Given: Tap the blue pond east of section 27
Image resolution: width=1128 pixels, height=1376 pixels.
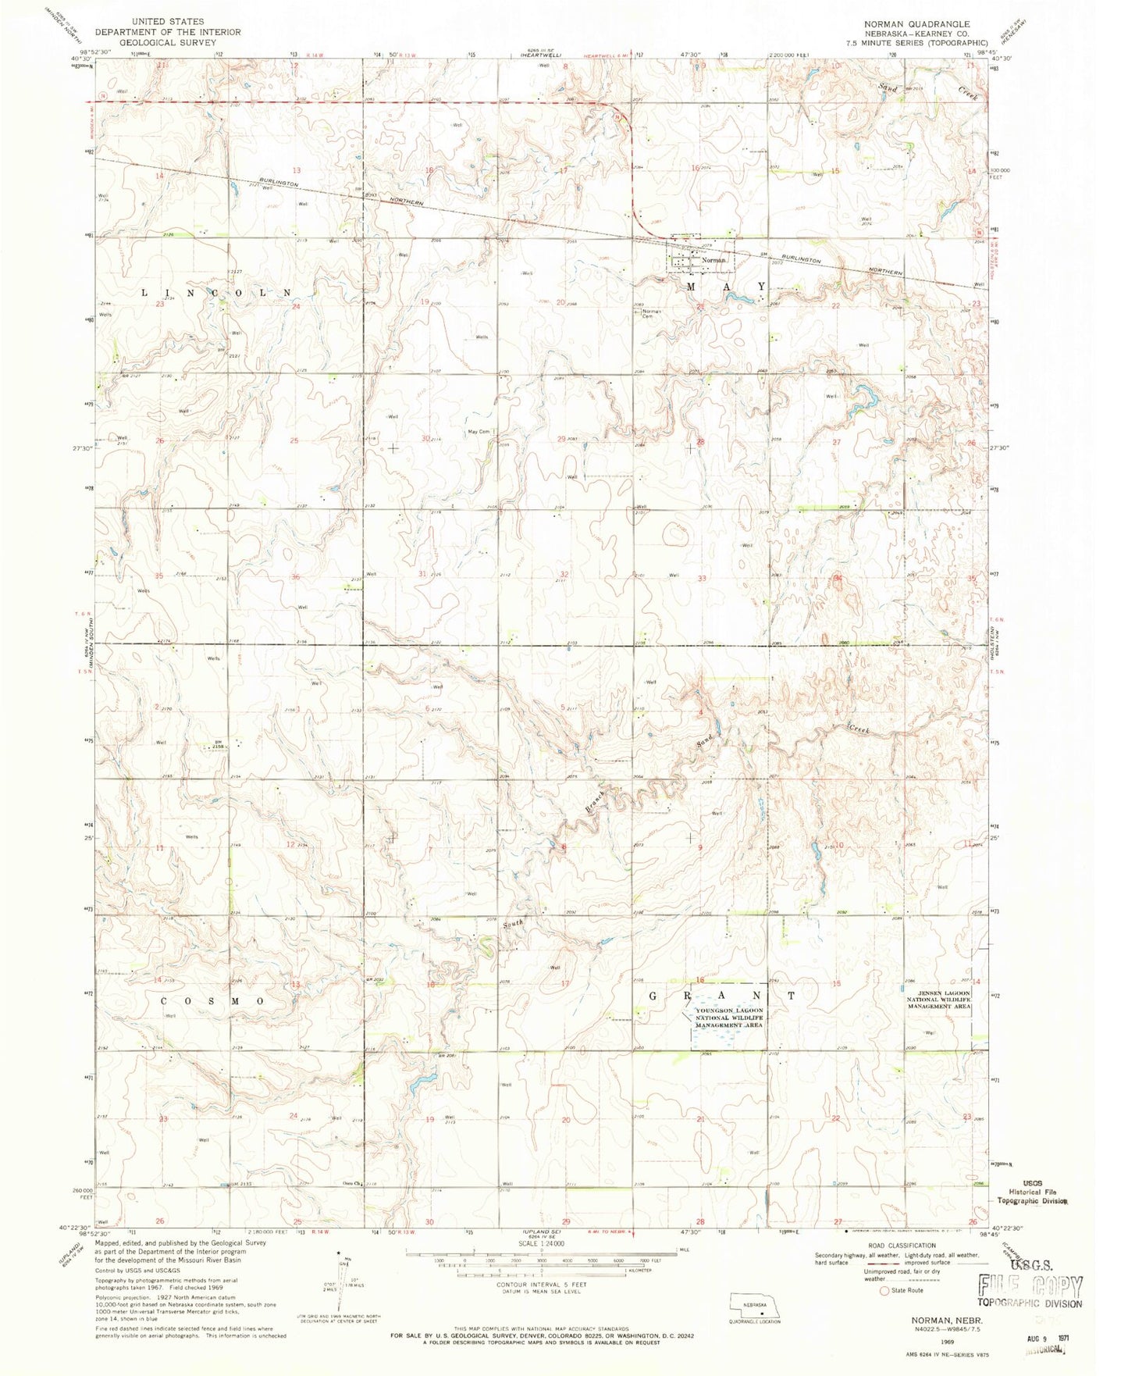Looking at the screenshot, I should click(863, 406).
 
